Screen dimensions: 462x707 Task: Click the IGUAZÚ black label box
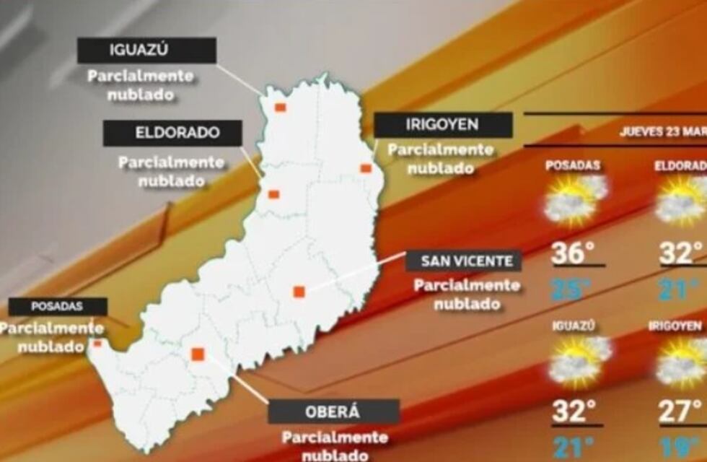click(146, 51)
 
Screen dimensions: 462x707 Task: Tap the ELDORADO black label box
click(172, 134)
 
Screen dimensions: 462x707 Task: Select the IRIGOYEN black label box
click(443, 125)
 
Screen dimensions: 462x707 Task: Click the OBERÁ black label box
click(333, 412)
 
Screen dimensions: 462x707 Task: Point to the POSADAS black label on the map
click(58, 307)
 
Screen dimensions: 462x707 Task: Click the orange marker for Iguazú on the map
click(280, 108)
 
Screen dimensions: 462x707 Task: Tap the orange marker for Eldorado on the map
click(273, 194)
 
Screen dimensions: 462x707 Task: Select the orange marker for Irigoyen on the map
click(366, 168)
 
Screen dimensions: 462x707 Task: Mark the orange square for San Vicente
click(299, 292)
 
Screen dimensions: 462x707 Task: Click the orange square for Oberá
click(198, 354)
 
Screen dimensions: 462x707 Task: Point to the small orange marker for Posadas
click(97, 343)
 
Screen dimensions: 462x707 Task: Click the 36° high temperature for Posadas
click(573, 253)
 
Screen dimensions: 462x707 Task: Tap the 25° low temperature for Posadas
click(573, 289)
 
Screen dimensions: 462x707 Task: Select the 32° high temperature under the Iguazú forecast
click(574, 412)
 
